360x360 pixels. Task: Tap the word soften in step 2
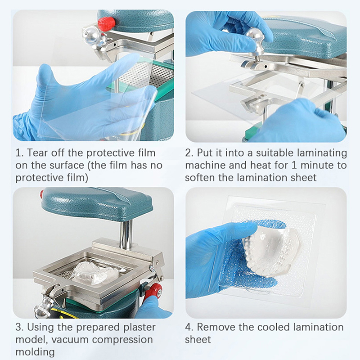200,177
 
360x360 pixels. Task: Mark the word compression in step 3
119,339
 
